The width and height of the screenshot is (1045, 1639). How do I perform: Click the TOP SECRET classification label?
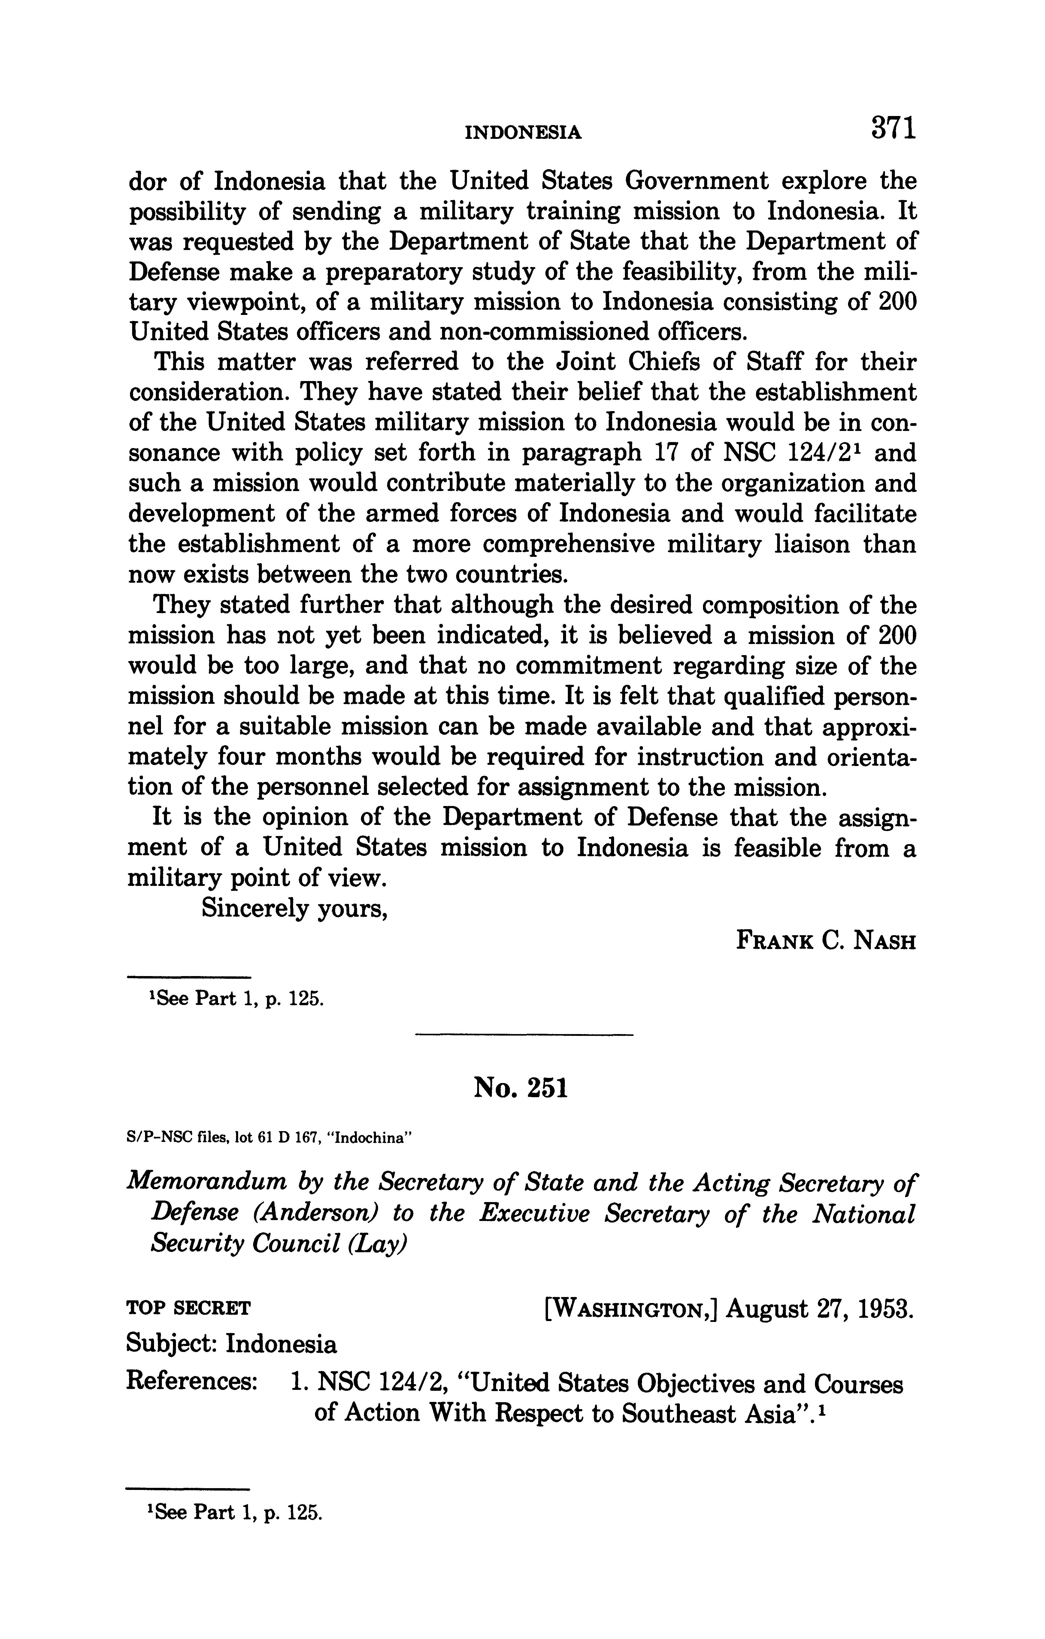coord(189,1308)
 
